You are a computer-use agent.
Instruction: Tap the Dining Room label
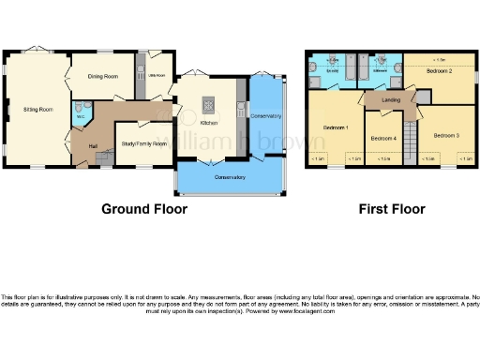pyautogui.click(x=103, y=77)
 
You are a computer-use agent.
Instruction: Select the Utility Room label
pyautogui.click(x=154, y=76)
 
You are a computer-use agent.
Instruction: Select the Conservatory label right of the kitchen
pyautogui.click(x=265, y=115)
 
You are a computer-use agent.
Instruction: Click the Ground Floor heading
pyautogui.click(x=144, y=209)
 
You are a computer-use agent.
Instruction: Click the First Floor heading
pyautogui.click(x=392, y=209)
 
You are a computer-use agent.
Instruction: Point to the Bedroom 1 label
pyautogui.click(x=335, y=127)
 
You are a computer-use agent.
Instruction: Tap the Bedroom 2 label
pyautogui.click(x=439, y=70)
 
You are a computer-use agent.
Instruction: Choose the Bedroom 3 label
pyautogui.click(x=445, y=135)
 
